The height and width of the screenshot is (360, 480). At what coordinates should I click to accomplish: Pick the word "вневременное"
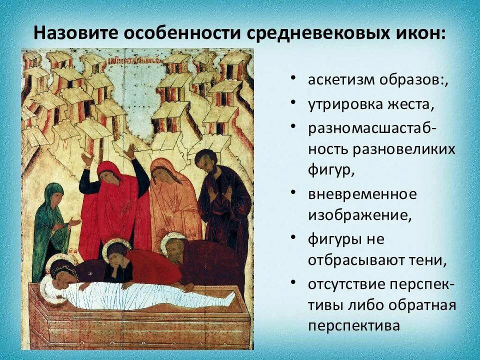pyautogui.click(x=362, y=194)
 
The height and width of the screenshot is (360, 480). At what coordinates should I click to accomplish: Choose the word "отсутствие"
pyautogui.click(x=347, y=284)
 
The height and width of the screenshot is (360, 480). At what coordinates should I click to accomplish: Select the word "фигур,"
pyautogui.click(x=331, y=170)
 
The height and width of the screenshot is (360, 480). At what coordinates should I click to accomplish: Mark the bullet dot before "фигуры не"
pyautogui.click(x=293, y=238)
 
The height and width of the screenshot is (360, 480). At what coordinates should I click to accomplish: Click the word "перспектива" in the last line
pyautogui.click(x=354, y=326)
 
